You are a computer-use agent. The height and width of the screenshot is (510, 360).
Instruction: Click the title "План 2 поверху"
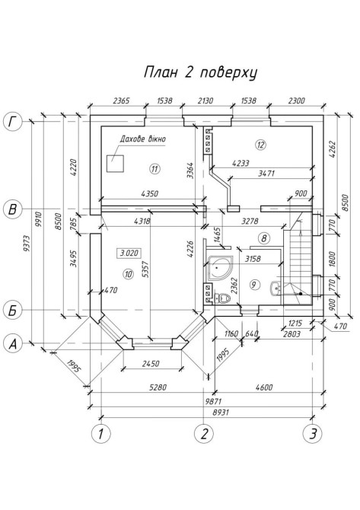pyautogui.click(x=200, y=72)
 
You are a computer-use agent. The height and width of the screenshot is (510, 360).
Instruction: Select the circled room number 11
pyautogui.click(x=155, y=169)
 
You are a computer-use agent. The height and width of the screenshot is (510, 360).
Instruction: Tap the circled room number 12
pyautogui.click(x=261, y=144)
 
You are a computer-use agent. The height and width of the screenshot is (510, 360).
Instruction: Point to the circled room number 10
pyautogui.click(x=129, y=274)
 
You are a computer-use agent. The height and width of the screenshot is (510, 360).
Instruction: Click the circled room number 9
pyautogui.click(x=254, y=285)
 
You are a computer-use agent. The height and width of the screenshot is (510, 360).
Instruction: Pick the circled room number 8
pyautogui.click(x=264, y=238)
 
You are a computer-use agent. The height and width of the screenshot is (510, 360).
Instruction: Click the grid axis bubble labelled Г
pyautogui.click(x=12, y=123)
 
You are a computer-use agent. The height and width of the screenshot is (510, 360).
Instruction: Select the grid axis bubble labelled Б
pyautogui.click(x=12, y=311)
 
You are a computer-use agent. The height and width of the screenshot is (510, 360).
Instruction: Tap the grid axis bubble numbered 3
pyautogui.click(x=313, y=434)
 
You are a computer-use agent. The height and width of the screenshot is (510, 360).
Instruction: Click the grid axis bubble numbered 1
pyautogui.click(x=101, y=434)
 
